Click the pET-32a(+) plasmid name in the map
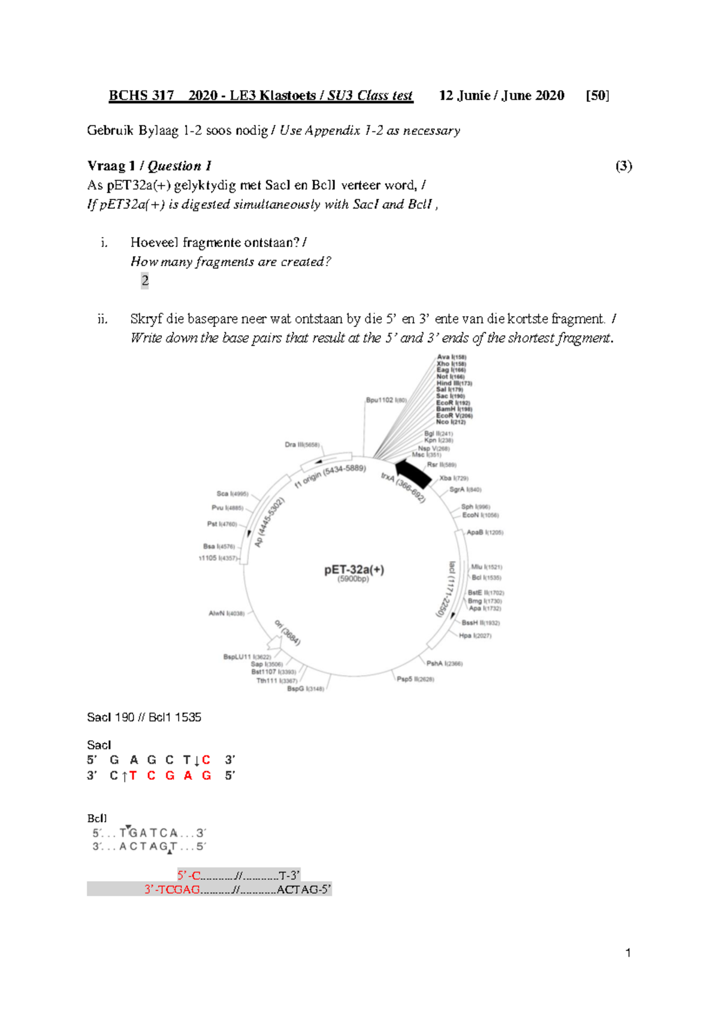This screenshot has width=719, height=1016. tap(354, 570)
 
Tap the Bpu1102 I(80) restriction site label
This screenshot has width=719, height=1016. tap(386, 400)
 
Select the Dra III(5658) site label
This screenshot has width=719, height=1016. tap(302, 445)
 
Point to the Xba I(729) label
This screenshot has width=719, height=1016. tap(454, 478)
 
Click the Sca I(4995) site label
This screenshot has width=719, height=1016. tap(232, 494)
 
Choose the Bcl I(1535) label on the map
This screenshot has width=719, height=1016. tap(486, 577)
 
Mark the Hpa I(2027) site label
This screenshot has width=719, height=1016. tap(475, 636)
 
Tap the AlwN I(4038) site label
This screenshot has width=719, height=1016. tap(226, 613)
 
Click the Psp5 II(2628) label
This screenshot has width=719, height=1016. tap(415, 679)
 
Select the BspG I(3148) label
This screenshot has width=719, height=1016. tap(305, 689)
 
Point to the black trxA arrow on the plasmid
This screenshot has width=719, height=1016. tap(413, 472)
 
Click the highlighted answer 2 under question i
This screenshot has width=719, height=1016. tap(144, 280)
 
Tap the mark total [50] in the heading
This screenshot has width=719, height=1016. tap(597, 95)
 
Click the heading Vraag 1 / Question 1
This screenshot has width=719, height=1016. tap(149, 166)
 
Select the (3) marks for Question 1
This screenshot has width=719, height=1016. tap(624, 166)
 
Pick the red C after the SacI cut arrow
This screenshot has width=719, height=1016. tap(206, 760)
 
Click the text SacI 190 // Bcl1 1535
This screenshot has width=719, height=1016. tap(144, 717)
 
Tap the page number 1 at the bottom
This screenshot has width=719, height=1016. tap(627, 953)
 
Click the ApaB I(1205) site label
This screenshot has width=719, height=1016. tap(485, 532)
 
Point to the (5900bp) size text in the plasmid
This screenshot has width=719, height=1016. tap(353, 579)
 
